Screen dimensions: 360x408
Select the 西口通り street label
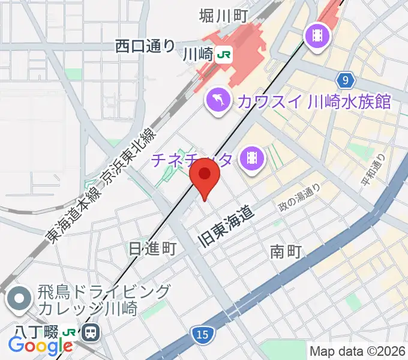coord(145,46)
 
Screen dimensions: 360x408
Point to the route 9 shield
coord(344,80)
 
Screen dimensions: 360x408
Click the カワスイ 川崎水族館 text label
coord(314,101)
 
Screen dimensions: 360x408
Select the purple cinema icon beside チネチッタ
coord(251,158)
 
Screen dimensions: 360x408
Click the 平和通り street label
coord(371,173)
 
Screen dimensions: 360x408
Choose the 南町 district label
coord(285,251)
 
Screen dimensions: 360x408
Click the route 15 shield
coord(203,333)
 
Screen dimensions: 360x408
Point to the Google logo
coord(40,345)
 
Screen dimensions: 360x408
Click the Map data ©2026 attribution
coord(358,351)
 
